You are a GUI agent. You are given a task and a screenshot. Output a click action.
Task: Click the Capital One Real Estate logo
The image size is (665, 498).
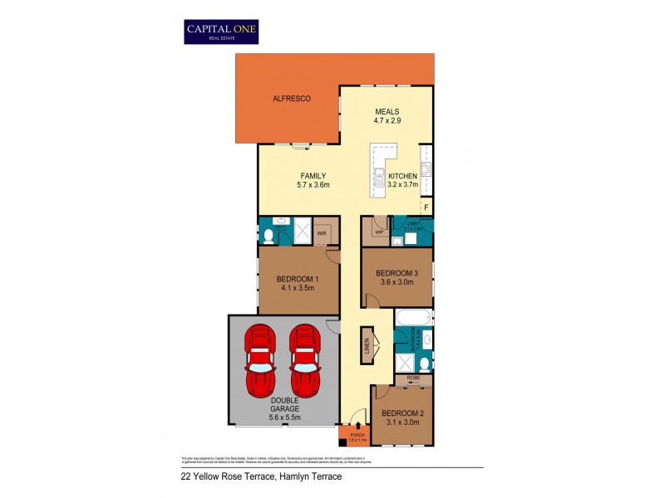[x=221, y=32]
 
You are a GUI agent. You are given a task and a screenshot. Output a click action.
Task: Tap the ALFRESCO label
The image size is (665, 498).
[x=292, y=99]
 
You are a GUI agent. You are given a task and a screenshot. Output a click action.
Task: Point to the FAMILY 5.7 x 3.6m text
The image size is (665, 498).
[x=313, y=180]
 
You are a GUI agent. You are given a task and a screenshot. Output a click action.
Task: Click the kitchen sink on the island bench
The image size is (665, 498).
[x=378, y=175]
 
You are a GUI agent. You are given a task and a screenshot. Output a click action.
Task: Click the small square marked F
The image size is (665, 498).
[x=426, y=207]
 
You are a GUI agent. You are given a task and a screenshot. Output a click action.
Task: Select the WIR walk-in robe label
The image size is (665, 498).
[x=322, y=234]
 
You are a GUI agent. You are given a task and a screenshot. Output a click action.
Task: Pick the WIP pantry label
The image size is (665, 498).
[x=378, y=233]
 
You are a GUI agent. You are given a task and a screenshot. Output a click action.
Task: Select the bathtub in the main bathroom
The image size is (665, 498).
[x=412, y=318]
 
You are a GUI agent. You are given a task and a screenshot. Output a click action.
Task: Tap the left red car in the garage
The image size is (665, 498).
[x=261, y=362]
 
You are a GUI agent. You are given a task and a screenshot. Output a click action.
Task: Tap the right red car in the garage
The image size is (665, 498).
[x=303, y=362]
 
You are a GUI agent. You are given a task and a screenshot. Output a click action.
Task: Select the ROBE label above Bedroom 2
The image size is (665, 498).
[x=413, y=378]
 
